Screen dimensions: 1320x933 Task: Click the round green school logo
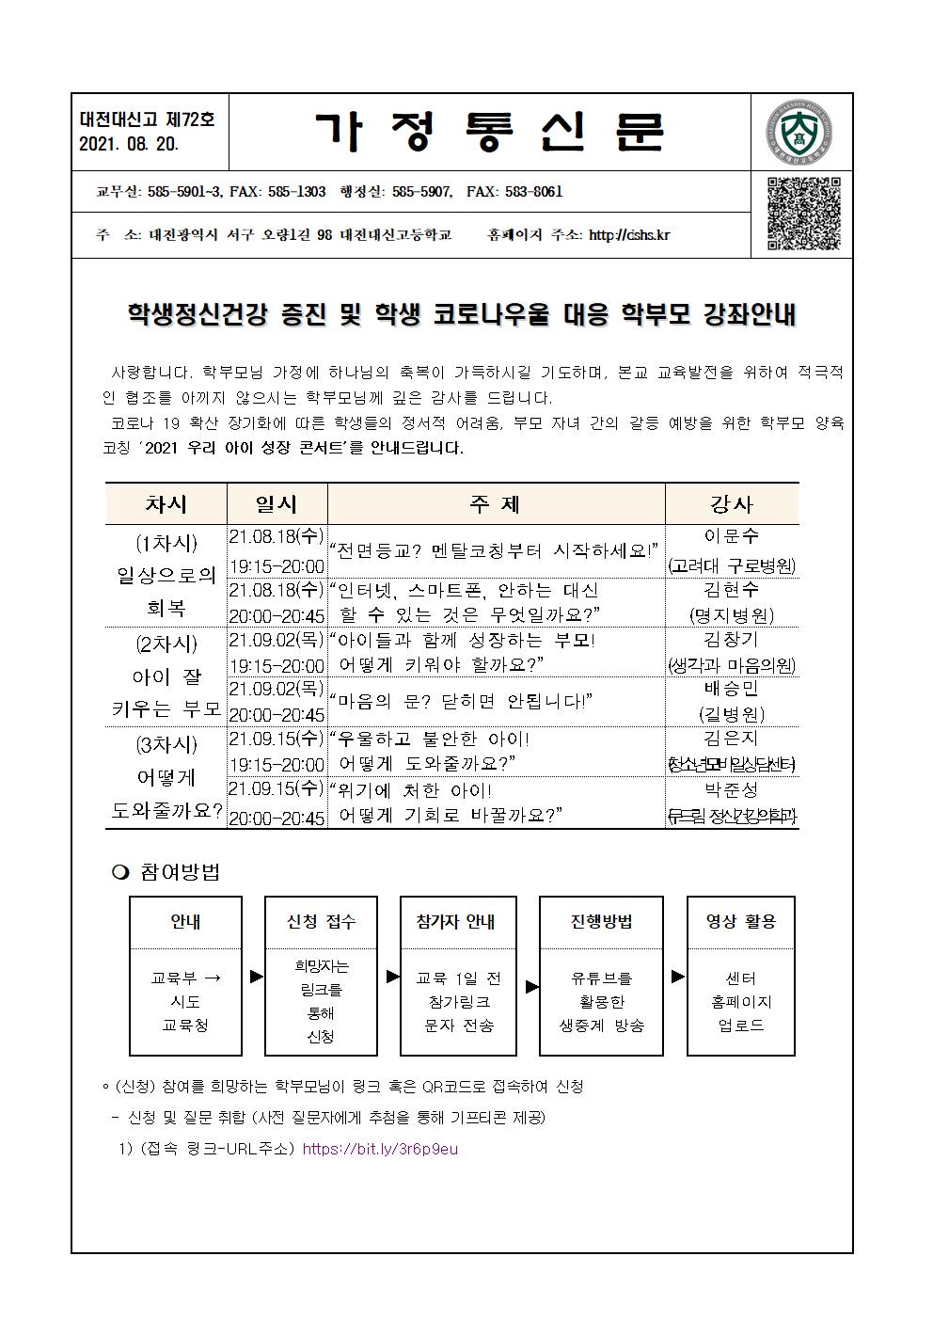coord(800,133)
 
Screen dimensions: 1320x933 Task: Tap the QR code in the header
coord(803,214)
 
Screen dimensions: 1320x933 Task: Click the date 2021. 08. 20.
coord(129,144)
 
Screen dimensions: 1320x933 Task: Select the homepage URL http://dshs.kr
coord(628,235)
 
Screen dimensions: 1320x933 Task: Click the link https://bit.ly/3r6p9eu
coord(380,1149)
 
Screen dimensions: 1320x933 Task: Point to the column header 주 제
coord(495,503)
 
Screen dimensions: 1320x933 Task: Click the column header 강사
coord(732,503)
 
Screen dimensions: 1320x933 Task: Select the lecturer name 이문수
coord(732,536)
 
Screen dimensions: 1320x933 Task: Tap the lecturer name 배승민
coord(732,688)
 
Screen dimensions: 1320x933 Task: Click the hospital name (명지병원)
coord(732,615)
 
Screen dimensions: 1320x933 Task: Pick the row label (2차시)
coord(166,644)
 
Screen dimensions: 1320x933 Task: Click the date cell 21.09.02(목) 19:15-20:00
coord(277,653)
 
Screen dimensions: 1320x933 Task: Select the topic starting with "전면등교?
coord(495,550)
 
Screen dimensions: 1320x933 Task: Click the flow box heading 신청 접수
coord(321,922)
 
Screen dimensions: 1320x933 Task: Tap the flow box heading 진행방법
coord(601,922)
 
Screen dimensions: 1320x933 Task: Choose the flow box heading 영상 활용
coord(741,922)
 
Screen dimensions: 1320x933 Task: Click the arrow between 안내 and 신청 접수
coord(256,977)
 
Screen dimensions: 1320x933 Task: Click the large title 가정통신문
coord(489,133)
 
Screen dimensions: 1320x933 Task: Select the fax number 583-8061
coord(533,192)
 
